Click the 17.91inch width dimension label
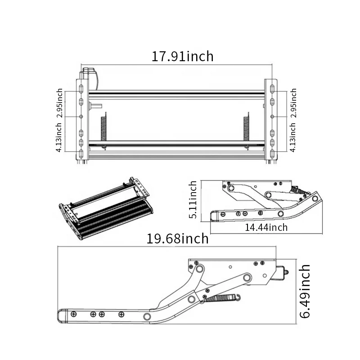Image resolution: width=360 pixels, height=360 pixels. pos(182,57)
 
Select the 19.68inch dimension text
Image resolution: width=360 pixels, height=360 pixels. pos(178,238)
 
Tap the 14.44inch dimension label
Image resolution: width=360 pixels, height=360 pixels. pos(266,227)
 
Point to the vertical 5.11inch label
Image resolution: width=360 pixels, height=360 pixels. pos(193,199)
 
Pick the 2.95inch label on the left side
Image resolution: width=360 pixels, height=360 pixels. pos(60,103)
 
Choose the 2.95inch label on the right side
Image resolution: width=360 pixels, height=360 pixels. pos(294,103)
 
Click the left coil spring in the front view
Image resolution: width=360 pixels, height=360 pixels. pos(103,128)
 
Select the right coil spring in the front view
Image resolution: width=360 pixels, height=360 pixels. pos(247,128)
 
